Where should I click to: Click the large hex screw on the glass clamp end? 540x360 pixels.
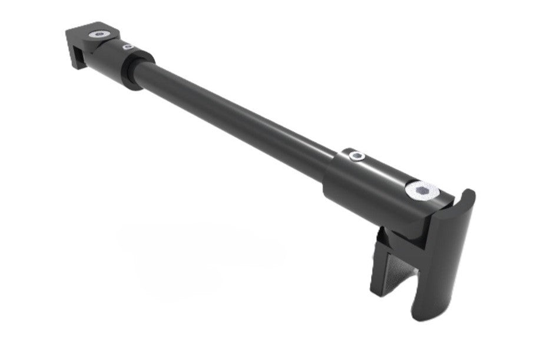click(421, 190)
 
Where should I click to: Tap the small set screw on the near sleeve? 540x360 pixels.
click(356, 156)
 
